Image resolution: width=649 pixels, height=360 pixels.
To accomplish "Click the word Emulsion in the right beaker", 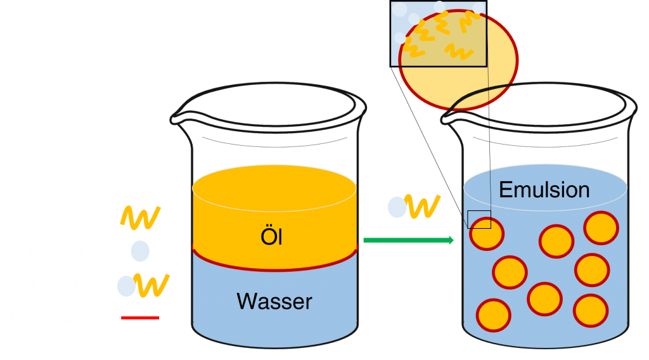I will coord(544,189).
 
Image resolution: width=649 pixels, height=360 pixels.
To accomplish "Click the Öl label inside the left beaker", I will coord(271,238).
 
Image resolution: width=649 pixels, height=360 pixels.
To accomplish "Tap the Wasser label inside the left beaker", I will coord(274,301).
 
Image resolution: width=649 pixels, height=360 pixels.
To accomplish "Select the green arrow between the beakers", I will coord(409,240).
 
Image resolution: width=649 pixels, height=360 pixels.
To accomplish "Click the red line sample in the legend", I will coord(140,317).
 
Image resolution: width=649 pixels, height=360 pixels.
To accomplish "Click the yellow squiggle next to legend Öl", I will coord(140,217).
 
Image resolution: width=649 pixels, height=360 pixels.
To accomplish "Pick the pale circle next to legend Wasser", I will coord(140,251).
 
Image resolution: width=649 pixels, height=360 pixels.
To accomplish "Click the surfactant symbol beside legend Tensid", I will coord(143,286).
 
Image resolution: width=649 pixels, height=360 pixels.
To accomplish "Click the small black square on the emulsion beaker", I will coord(479,219).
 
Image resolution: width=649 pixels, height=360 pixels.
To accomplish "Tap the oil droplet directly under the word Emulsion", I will coord(556,241).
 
